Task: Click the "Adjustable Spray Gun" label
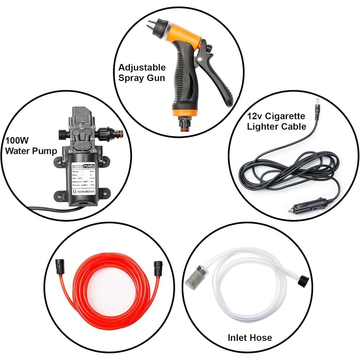(x=142, y=72)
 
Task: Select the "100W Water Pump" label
(x=31, y=145)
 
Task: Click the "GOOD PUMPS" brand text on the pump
(x=82, y=166)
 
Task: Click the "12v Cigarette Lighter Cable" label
(x=276, y=121)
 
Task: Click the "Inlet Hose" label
(x=250, y=338)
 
